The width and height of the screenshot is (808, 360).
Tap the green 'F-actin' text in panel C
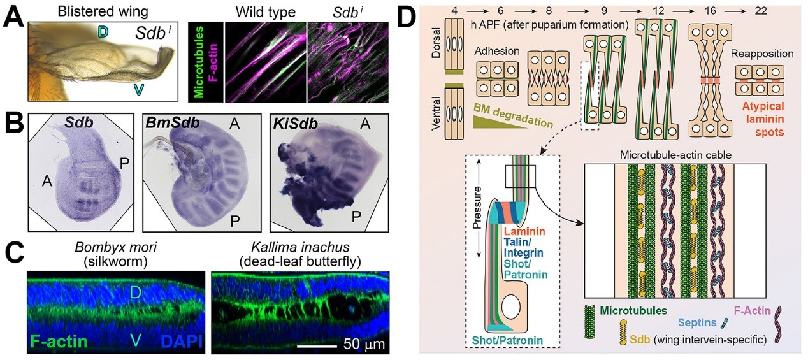tap(58, 343)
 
